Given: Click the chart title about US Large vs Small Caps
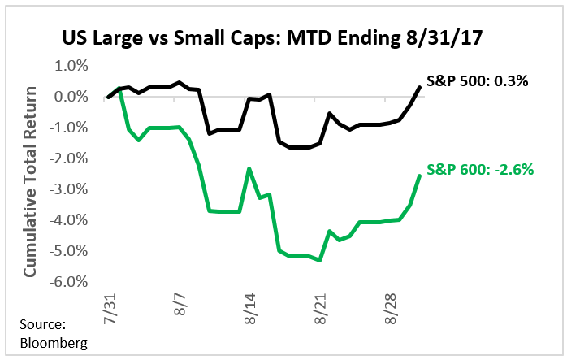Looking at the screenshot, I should click(x=283, y=38).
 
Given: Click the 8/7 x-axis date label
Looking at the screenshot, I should click(x=180, y=306).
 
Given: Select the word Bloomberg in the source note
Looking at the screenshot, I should click(x=53, y=343).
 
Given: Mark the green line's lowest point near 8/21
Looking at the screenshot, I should click(x=320, y=260).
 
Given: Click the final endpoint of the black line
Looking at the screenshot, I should click(x=419, y=87).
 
